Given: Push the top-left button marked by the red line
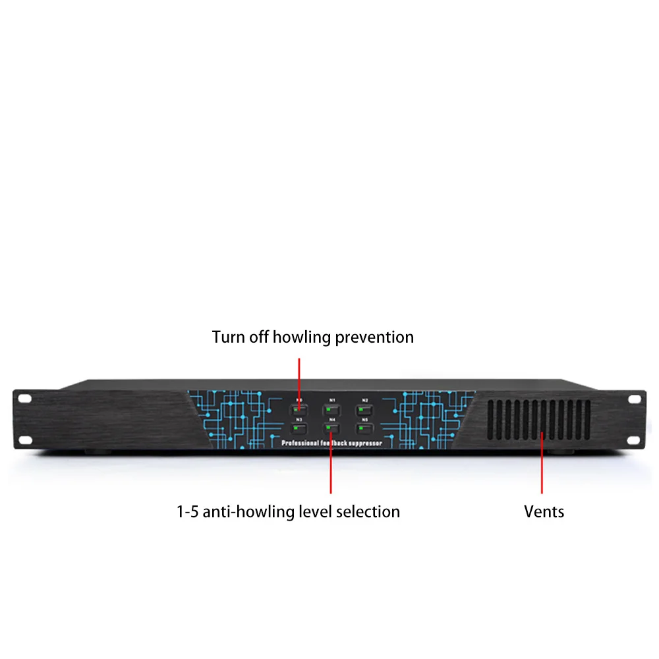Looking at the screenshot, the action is tap(299, 410).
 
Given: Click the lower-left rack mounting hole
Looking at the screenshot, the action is tap(24, 440).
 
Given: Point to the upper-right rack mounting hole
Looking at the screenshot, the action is tap(635, 399).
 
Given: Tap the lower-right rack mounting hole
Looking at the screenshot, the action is tap(635, 440).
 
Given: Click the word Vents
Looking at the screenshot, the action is tap(544, 511).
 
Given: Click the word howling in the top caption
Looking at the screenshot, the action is tap(301, 337).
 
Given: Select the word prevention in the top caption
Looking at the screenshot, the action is tap(374, 337).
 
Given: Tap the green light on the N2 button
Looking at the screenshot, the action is tap(361, 410).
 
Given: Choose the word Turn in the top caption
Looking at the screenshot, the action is tap(228, 337).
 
